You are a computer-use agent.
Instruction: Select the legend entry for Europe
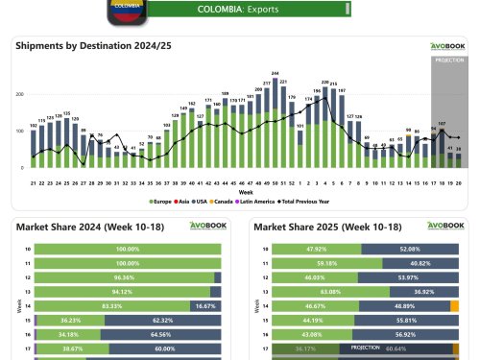point(161,202)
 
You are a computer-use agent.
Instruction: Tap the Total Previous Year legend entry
point(305,202)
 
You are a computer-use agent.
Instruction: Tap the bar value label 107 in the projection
point(441,124)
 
